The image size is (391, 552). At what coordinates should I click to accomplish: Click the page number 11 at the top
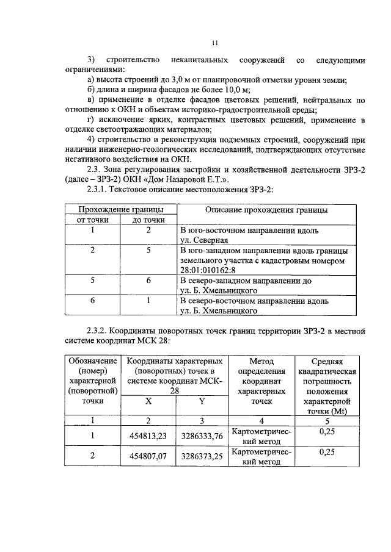tap(214, 43)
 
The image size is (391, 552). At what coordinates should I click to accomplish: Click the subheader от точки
tap(92, 220)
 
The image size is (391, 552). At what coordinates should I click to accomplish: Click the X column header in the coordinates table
tap(148, 401)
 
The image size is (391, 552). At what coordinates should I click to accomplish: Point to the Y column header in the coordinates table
tap(202, 401)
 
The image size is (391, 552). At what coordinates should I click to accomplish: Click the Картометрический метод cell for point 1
tap(261, 436)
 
